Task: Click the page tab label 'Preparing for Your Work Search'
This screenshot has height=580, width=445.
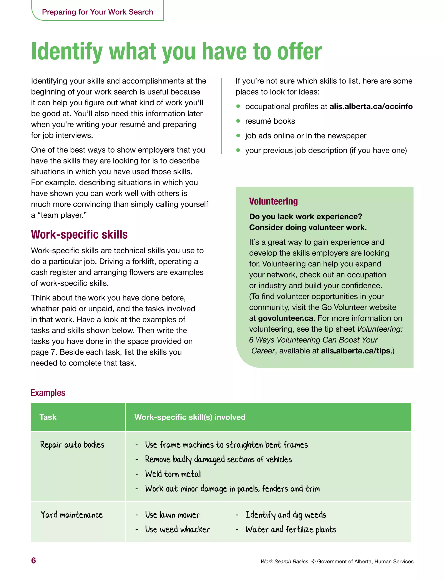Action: pyautogui.click(x=98, y=12)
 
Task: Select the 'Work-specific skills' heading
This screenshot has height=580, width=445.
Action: pyautogui.click(x=79, y=235)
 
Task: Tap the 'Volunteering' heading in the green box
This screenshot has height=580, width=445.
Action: pyautogui.click(x=273, y=201)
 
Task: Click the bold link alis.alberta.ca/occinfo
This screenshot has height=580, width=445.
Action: pyautogui.click(x=371, y=106)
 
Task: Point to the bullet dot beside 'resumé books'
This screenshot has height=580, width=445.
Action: pyautogui.click(x=238, y=121)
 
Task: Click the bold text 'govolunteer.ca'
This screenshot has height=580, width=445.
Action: pyautogui.click(x=286, y=318)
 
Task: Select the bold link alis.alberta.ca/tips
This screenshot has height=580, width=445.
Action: pyautogui.click(x=356, y=351)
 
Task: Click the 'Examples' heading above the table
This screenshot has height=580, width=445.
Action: pyautogui.click(x=48, y=393)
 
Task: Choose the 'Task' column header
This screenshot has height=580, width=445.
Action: pyautogui.click(x=48, y=417)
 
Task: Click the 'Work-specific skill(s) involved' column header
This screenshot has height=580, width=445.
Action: pyautogui.click(x=190, y=417)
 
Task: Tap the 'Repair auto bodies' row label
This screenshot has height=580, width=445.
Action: pyautogui.click(x=72, y=445)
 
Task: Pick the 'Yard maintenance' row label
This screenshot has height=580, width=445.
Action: pyautogui.click(x=71, y=515)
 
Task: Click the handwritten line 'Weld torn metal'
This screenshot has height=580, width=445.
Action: pyautogui.click(x=173, y=474)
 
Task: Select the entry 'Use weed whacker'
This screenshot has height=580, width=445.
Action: pyautogui.click(x=177, y=529)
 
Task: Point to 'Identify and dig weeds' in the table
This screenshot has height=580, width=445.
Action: pyautogui.click(x=286, y=515)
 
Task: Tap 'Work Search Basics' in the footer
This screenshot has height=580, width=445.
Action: pyautogui.click(x=284, y=562)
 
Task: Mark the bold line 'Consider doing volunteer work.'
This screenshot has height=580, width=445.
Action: pyautogui.click(x=308, y=228)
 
